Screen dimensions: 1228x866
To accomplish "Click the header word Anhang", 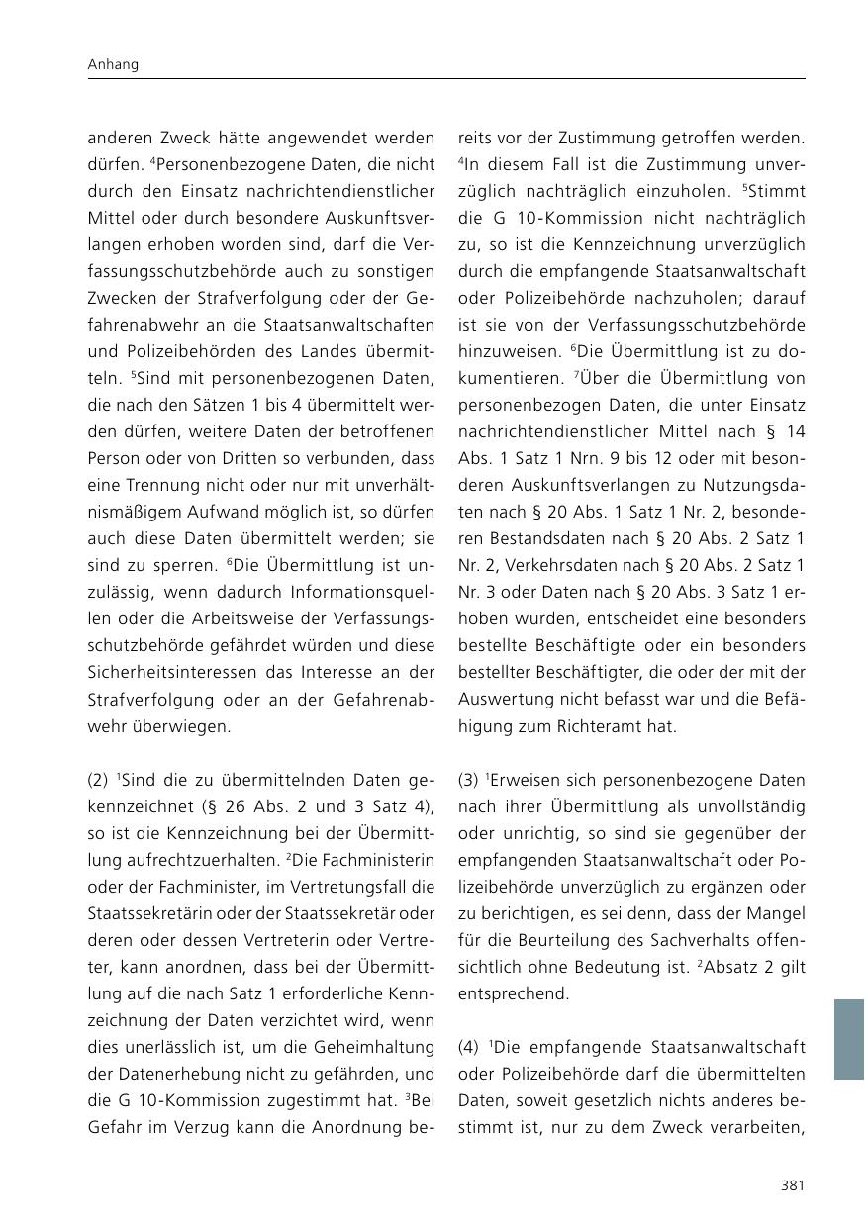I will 113,64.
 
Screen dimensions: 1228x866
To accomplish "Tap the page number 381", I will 792,1184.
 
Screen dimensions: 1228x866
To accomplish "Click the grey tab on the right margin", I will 848,1039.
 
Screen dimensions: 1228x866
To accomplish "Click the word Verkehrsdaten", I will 541,566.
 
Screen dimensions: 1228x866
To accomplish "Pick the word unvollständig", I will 748,806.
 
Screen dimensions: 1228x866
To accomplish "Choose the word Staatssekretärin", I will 151,913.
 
